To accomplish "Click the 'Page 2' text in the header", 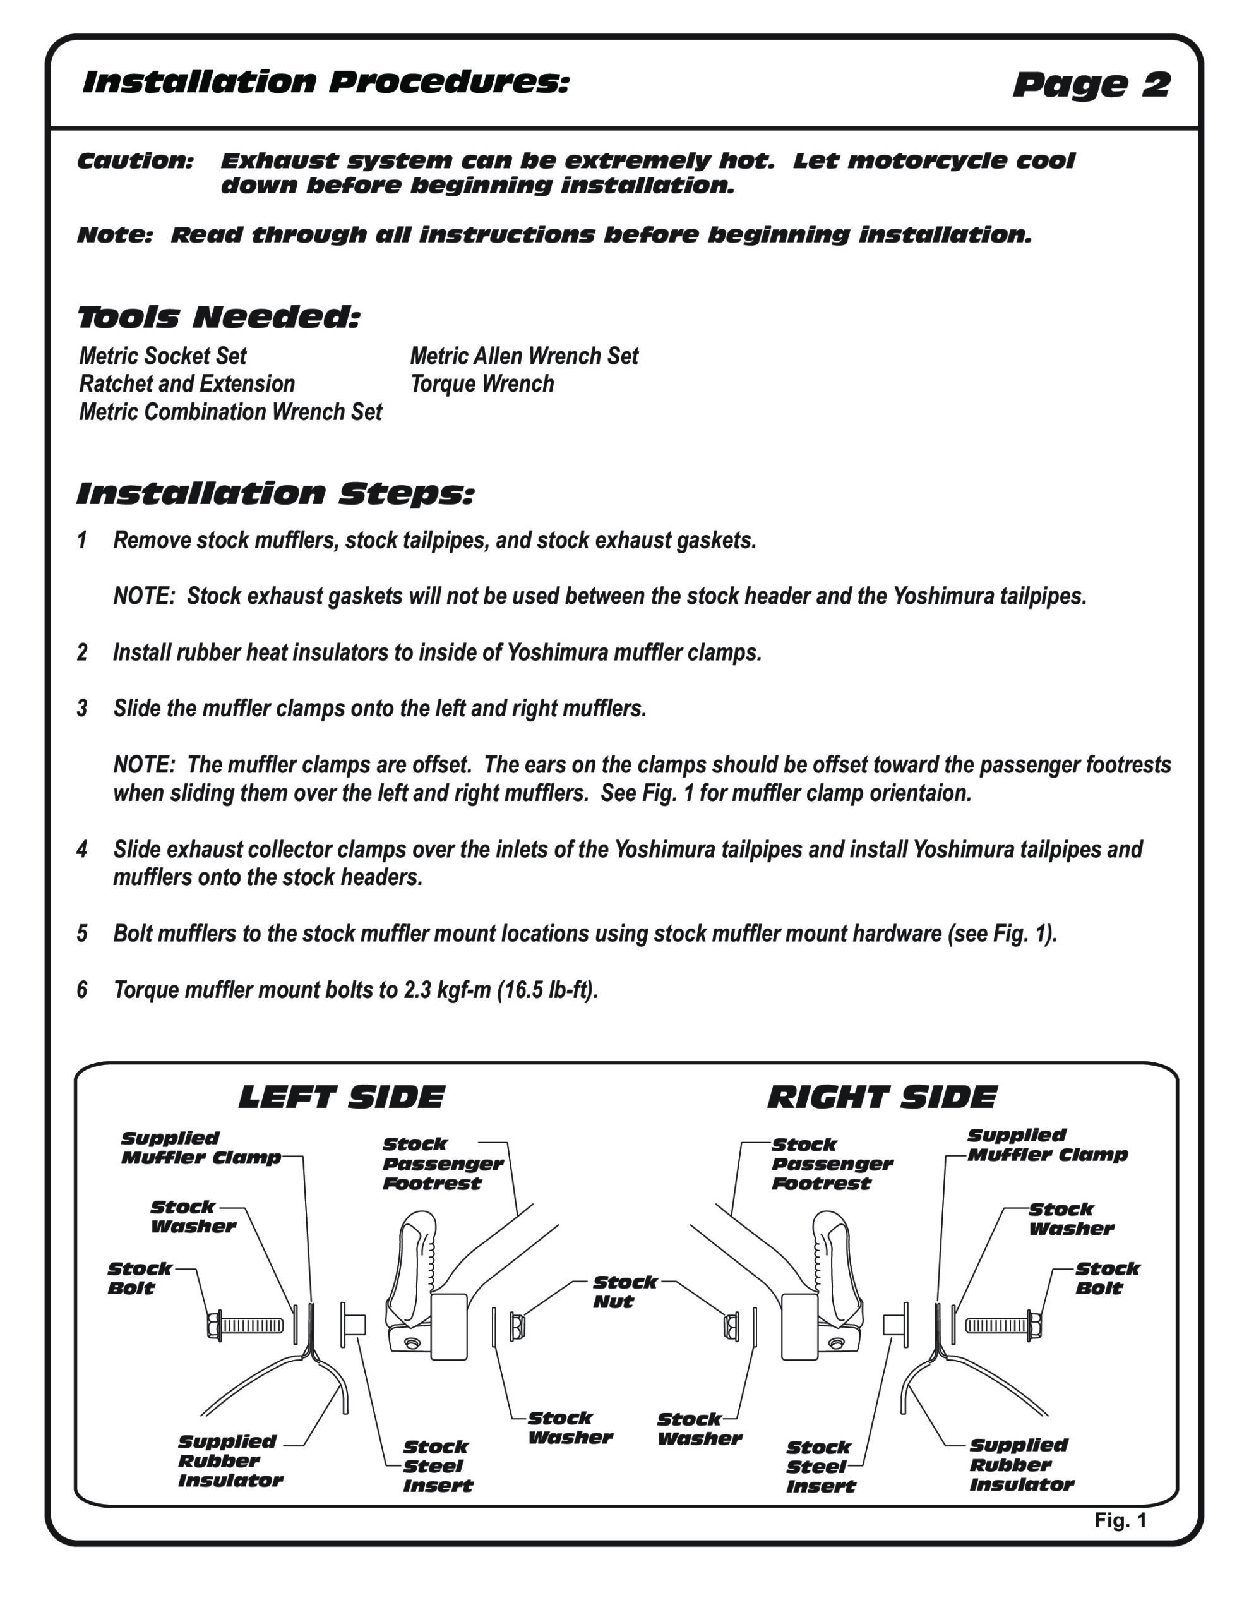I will (x=1091, y=85).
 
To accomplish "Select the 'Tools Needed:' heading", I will (x=218, y=318).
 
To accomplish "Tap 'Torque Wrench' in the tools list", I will (x=482, y=384).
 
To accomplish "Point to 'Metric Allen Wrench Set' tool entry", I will (x=524, y=356).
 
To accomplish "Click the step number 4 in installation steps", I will (x=82, y=849).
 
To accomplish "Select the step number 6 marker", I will (x=82, y=990).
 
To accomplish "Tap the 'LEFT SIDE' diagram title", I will (x=342, y=1097).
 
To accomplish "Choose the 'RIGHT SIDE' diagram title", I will (x=881, y=1097).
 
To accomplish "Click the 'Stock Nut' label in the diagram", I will (x=624, y=1292).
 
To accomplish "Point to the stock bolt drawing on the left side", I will (x=245, y=1325).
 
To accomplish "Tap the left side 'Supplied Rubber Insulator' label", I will (x=229, y=1461).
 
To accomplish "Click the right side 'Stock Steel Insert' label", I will (x=820, y=1467).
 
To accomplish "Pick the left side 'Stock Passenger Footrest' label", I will (x=442, y=1164).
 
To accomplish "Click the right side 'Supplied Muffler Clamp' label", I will (x=1047, y=1145).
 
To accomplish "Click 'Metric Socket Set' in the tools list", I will (x=163, y=356).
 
